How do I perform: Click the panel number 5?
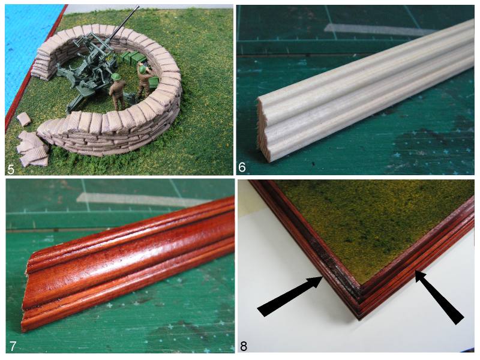pos(11,169)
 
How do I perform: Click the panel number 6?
pos(242,167)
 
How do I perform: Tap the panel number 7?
pos(12,346)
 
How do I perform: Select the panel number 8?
pos(244,346)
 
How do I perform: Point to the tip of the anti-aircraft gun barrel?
pos(138,6)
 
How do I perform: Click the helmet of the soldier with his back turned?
pos(116,77)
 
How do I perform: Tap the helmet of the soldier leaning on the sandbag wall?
pos(143,68)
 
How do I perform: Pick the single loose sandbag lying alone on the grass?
pos(23,119)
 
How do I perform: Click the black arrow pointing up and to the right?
pos(289,296)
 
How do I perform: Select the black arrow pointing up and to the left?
pos(439,297)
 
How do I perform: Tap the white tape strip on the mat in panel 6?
pos(380,29)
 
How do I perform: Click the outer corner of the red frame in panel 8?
pos(359,319)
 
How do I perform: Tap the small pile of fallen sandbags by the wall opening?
pos(32,149)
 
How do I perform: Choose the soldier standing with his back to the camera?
pos(117,91)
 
